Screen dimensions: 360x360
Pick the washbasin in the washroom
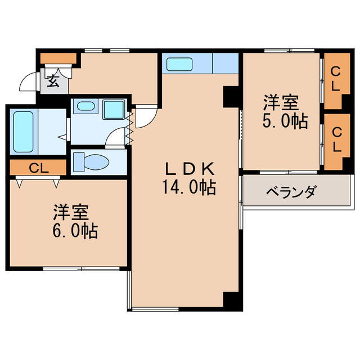click(85, 106)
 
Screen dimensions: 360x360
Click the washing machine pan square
click(115, 108)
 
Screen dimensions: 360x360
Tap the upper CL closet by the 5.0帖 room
click(335, 80)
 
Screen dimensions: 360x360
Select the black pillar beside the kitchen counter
click(231, 96)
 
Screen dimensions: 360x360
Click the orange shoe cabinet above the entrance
click(58, 57)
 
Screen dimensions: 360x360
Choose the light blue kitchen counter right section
click(226, 63)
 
